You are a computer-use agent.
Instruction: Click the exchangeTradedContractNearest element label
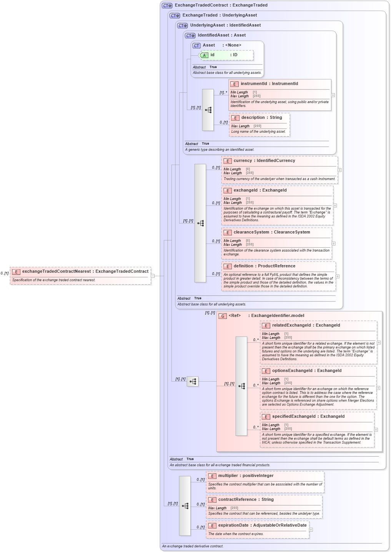(x=85, y=272)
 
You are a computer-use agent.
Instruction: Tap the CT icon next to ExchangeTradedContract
(x=167, y=5)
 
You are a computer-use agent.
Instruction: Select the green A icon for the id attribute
(x=204, y=55)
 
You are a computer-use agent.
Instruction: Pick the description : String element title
(x=261, y=118)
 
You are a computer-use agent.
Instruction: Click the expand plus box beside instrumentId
(x=333, y=95)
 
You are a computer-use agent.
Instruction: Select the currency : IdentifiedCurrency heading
(x=264, y=161)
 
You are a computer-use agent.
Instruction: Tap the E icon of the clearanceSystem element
(x=228, y=233)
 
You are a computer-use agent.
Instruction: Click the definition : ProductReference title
(x=264, y=266)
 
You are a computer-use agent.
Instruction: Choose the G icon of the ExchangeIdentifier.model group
(x=223, y=316)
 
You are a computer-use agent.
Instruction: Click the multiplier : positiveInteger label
(x=246, y=476)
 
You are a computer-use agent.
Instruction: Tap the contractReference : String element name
(x=246, y=500)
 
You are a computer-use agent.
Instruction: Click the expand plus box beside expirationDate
(x=311, y=530)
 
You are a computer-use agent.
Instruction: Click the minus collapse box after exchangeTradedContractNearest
(x=153, y=276)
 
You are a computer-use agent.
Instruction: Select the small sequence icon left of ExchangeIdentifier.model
(x=193, y=382)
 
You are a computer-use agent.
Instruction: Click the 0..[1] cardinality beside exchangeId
(x=216, y=203)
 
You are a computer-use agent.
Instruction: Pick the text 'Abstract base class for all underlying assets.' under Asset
(x=227, y=73)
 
